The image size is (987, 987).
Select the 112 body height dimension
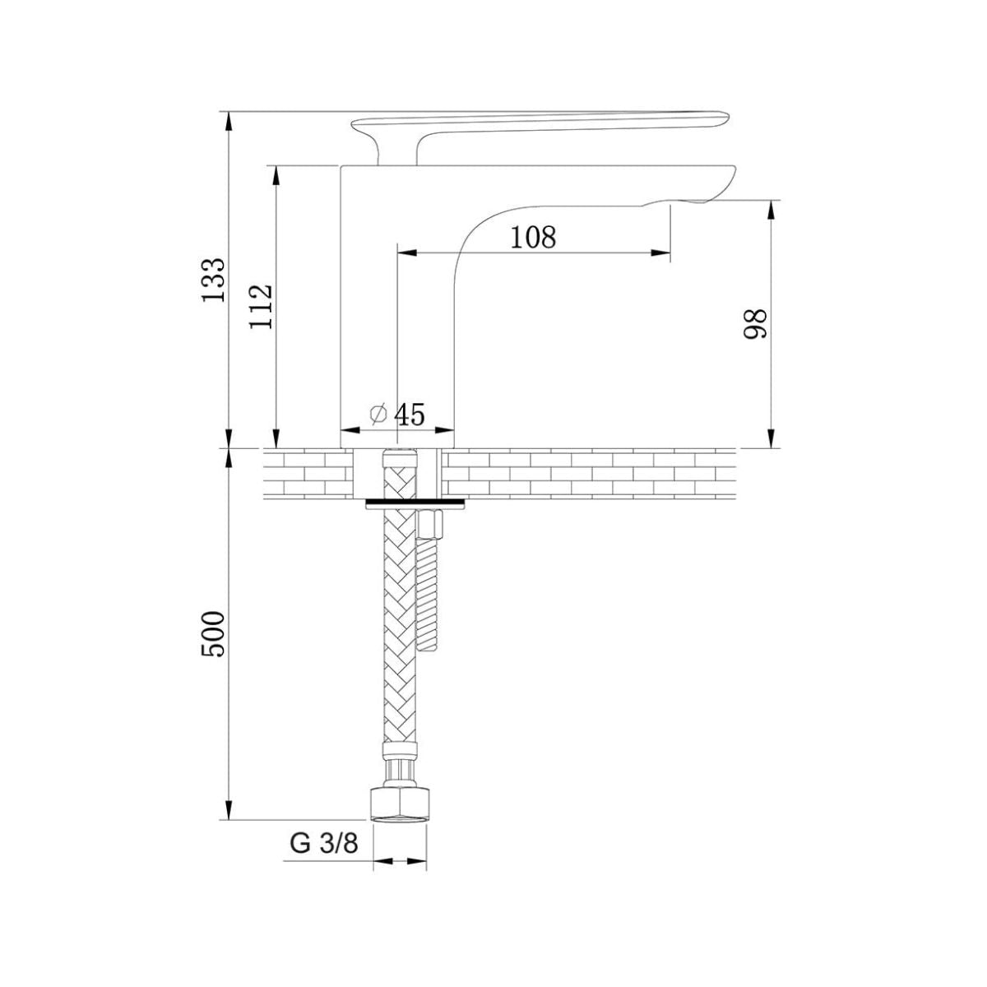261,306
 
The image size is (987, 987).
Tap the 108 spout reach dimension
533,237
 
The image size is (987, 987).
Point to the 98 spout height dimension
756,323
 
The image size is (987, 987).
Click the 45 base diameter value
410,415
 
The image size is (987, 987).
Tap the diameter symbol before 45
378,414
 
